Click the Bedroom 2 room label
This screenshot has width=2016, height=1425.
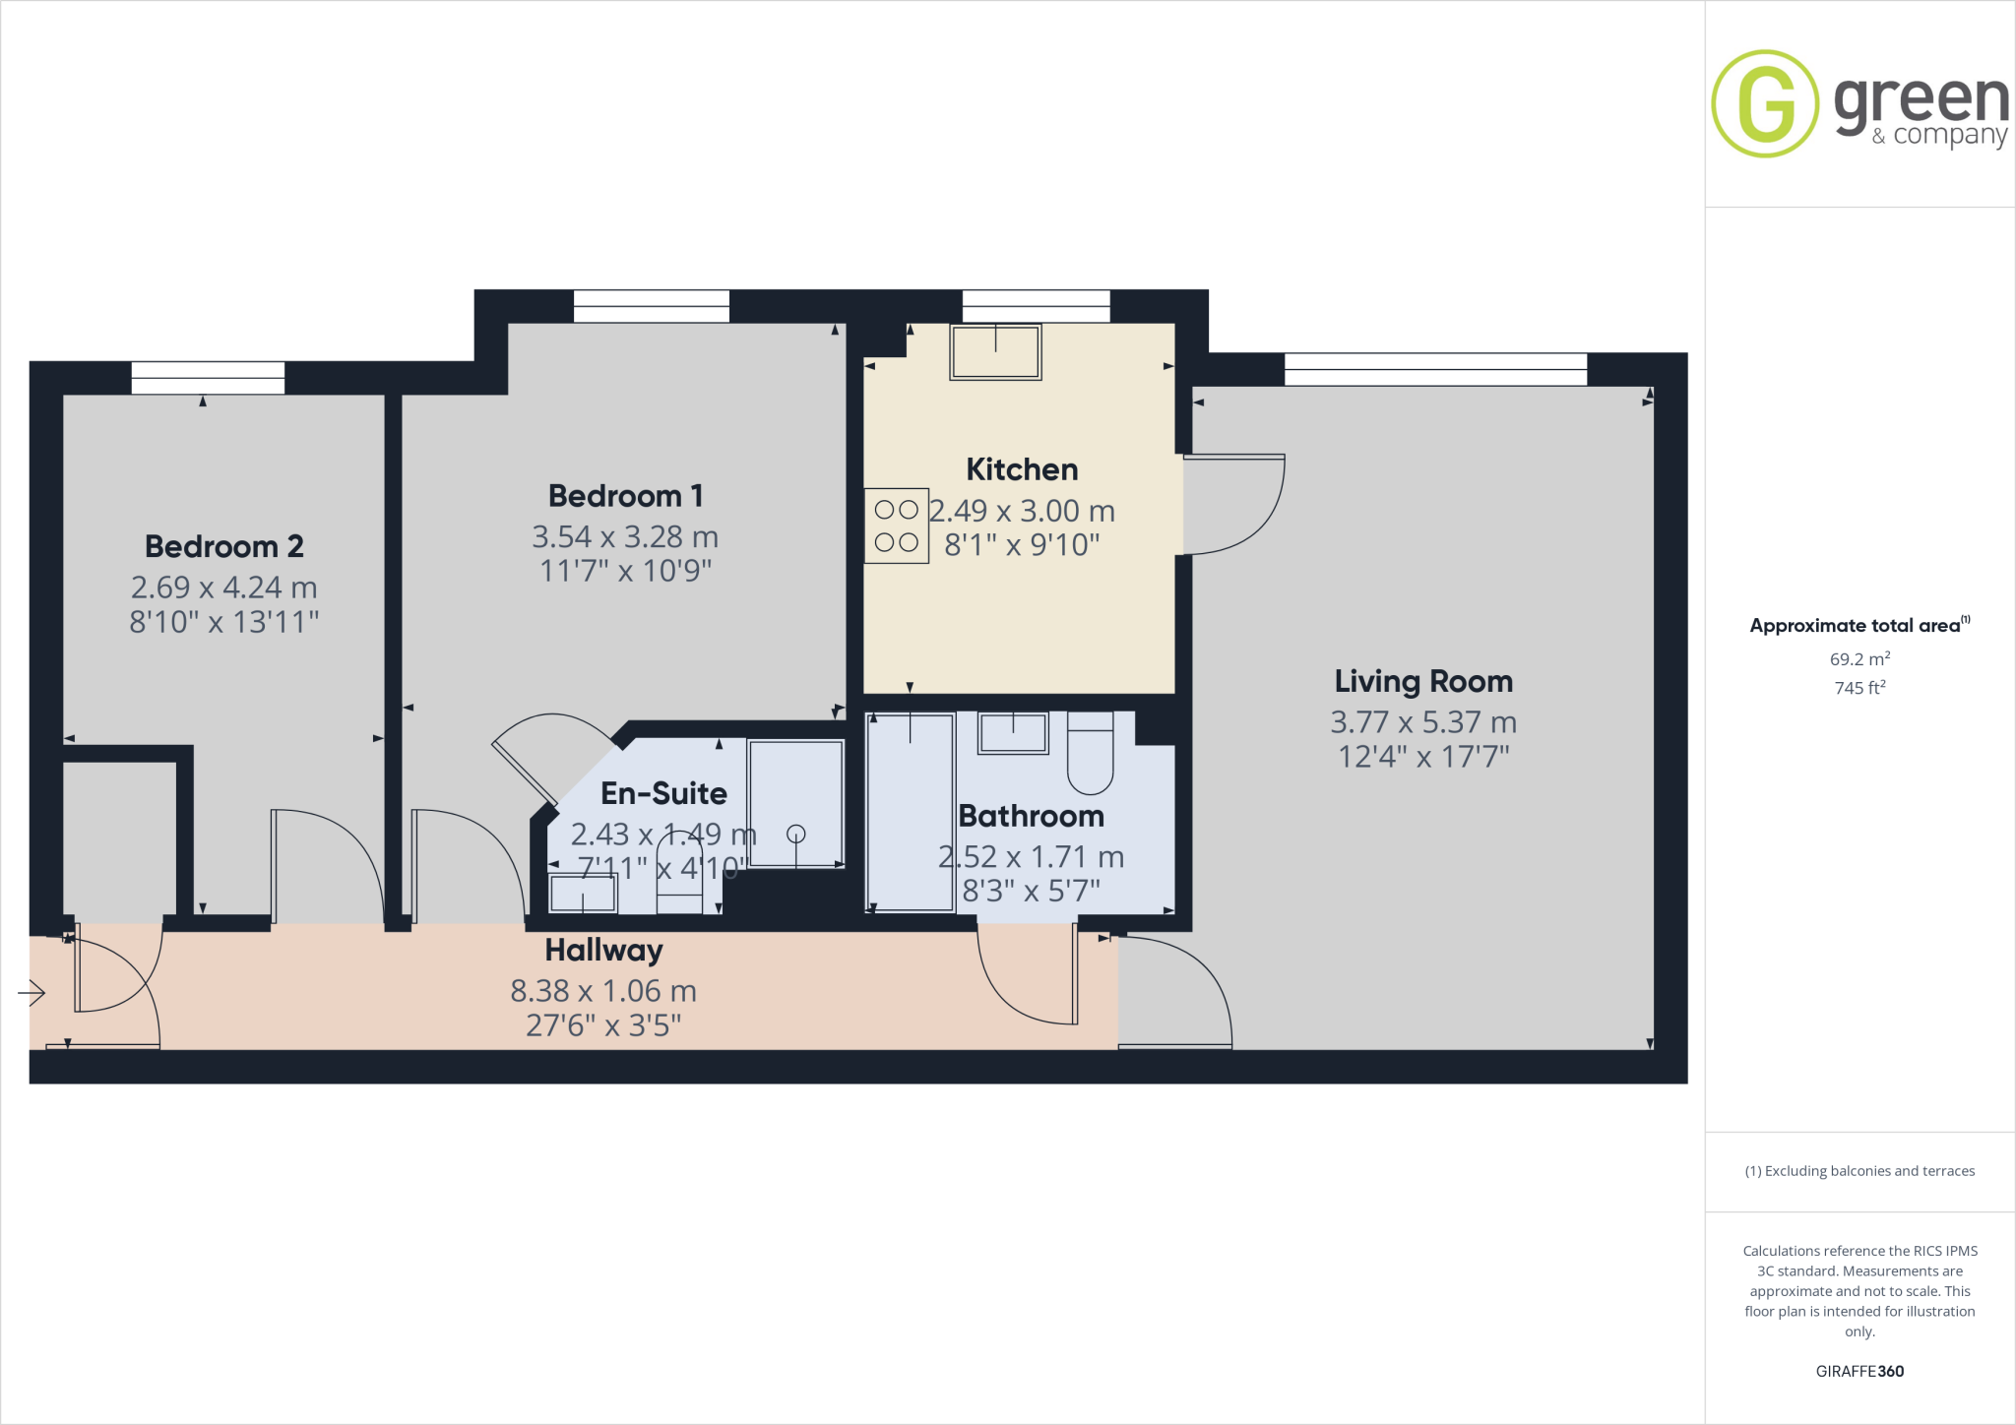click(223, 546)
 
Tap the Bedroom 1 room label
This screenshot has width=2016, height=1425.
click(625, 496)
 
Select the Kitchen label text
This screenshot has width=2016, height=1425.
click(1022, 469)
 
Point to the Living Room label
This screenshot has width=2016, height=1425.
click(1423, 681)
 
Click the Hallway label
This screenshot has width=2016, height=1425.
click(603, 951)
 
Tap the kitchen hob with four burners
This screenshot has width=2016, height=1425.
click(896, 526)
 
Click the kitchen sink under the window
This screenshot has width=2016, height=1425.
click(995, 351)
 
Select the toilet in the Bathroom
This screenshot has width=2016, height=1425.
click(1090, 755)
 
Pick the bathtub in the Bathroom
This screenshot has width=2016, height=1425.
click(910, 812)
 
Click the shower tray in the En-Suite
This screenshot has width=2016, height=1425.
click(795, 803)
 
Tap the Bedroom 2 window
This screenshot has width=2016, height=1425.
click(208, 378)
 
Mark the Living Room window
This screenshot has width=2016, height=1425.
click(1435, 369)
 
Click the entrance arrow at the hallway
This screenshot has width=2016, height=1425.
click(32, 994)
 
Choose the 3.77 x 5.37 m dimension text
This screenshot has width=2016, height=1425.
click(1423, 722)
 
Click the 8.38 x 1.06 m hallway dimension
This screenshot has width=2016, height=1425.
click(603, 991)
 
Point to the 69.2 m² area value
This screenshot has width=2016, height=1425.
click(1859, 659)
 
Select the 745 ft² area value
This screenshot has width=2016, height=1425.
click(1859, 688)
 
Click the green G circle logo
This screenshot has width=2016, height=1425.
click(1765, 103)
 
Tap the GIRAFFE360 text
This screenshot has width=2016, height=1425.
click(1859, 1371)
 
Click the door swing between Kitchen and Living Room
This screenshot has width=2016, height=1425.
click(1232, 504)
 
